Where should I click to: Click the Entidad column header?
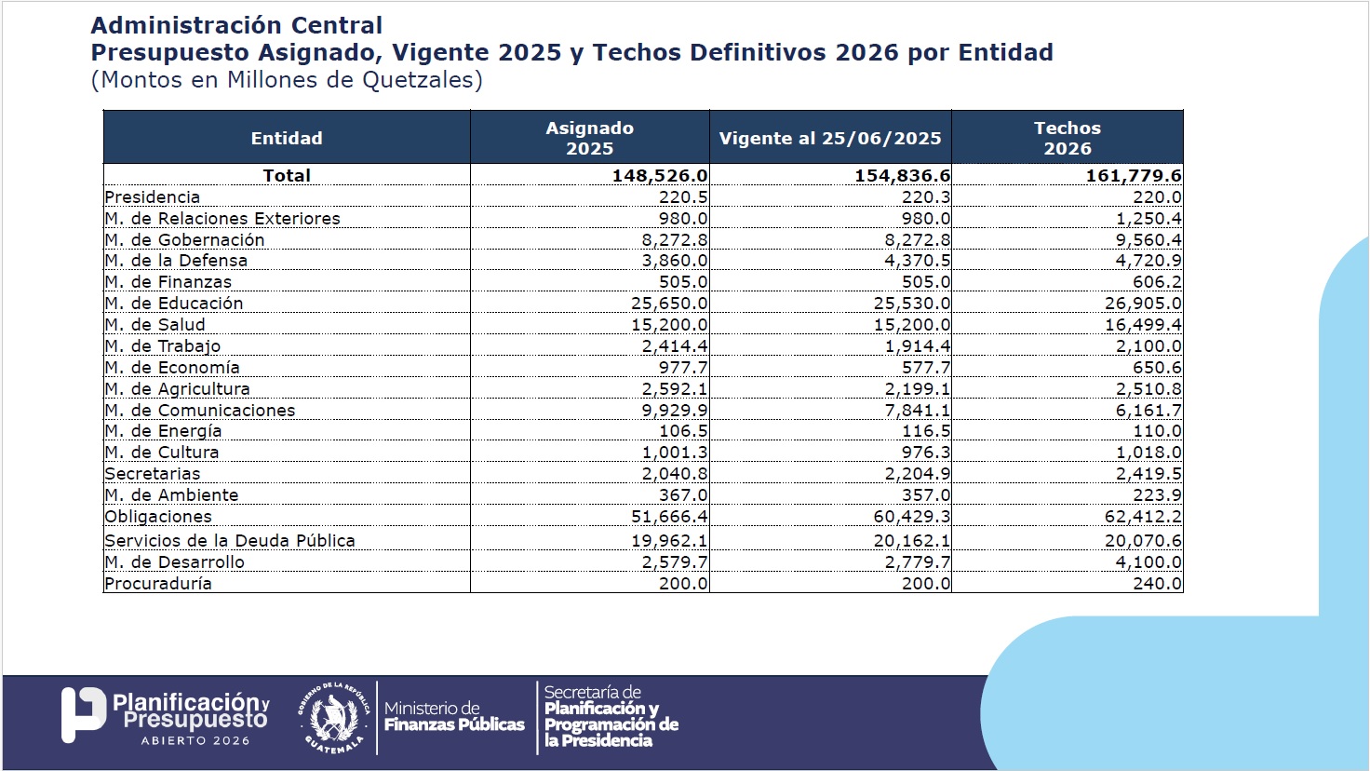pyautogui.click(x=287, y=138)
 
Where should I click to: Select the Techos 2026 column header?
pyautogui.click(x=1067, y=138)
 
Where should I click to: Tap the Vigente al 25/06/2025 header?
pyautogui.click(x=830, y=139)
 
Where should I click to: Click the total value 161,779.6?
pyautogui.click(x=1133, y=176)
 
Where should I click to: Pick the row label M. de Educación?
pyautogui.click(x=174, y=304)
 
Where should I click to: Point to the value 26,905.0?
pyautogui.click(x=1143, y=304)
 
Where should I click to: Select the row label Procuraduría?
pyautogui.click(x=158, y=584)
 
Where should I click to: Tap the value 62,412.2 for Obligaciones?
pyautogui.click(x=1143, y=517)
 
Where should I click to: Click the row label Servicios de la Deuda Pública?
pyautogui.click(x=230, y=541)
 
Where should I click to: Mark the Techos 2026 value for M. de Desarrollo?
pyautogui.click(x=1148, y=562)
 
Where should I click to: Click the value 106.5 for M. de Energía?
pyautogui.click(x=682, y=431)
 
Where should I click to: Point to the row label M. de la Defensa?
pyautogui.click(x=176, y=261)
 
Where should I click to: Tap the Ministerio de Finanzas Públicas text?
pyautogui.click(x=454, y=717)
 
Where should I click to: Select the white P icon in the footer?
pyautogui.click(x=83, y=715)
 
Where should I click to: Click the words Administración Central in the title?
pyautogui.click(x=236, y=25)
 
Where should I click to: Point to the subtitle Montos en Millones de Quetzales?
pyautogui.click(x=287, y=80)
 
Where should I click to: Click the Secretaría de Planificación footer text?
pyautogui.click(x=611, y=717)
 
